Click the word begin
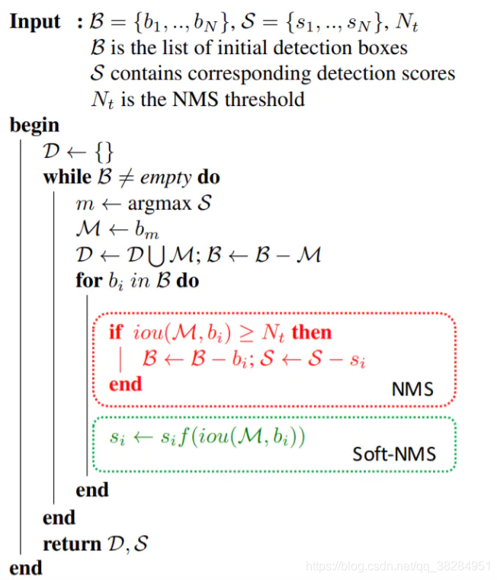(34, 125)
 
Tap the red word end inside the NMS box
(125, 384)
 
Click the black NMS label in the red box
(412, 389)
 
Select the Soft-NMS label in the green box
(394, 454)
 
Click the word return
(72, 544)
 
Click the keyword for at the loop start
(88, 280)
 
